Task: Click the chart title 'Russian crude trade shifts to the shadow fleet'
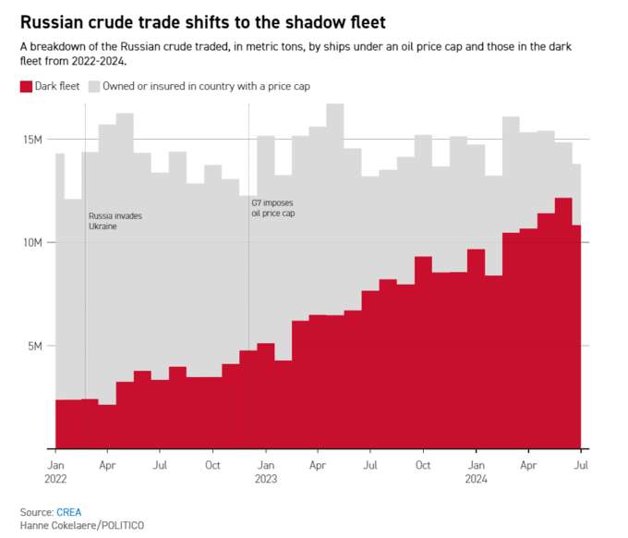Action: (x=202, y=22)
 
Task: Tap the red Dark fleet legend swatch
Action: (x=26, y=87)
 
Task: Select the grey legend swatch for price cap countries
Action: (x=94, y=87)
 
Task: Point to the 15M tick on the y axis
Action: (x=33, y=140)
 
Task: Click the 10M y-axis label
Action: (x=33, y=242)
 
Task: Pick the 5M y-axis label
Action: (x=35, y=346)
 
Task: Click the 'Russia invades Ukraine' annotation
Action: (x=115, y=221)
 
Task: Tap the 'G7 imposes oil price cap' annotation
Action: (x=273, y=208)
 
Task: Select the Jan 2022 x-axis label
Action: (x=55, y=471)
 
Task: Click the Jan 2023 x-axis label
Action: (x=266, y=471)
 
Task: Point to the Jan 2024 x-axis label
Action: (x=477, y=471)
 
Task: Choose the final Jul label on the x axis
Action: (x=581, y=465)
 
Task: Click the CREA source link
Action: (x=69, y=512)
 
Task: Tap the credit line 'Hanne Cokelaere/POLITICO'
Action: (x=82, y=525)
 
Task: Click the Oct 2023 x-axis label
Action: (x=423, y=465)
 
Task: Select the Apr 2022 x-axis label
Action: (x=107, y=465)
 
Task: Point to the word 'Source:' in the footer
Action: (x=37, y=512)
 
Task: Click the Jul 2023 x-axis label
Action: (x=370, y=465)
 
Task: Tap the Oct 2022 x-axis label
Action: (x=212, y=465)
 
